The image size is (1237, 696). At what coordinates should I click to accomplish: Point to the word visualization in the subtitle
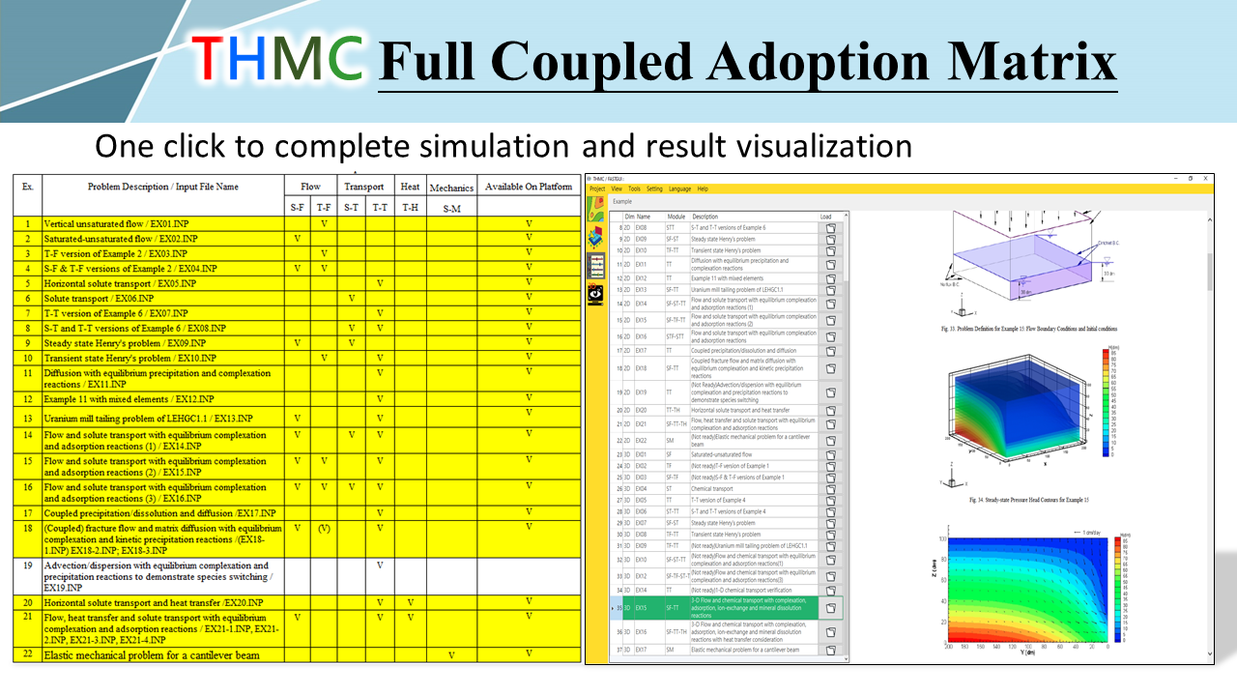pos(819,146)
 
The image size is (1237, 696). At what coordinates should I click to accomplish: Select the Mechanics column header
pos(451,188)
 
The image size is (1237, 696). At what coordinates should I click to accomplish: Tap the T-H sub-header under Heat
pos(410,207)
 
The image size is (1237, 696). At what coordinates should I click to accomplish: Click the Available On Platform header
pos(529,187)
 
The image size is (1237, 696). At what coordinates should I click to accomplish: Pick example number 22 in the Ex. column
pos(28,654)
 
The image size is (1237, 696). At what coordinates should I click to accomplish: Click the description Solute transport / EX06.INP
pos(99,299)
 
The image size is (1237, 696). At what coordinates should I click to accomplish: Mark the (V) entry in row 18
pos(324,529)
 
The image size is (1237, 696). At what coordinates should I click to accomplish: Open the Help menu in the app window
pos(703,188)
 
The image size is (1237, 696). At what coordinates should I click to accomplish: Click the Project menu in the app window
pos(597,188)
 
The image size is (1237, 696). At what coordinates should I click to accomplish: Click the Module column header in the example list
pos(676,217)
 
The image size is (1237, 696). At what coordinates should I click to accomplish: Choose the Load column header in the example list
pos(825,217)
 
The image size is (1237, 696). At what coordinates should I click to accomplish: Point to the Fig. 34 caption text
pos(1027,500)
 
